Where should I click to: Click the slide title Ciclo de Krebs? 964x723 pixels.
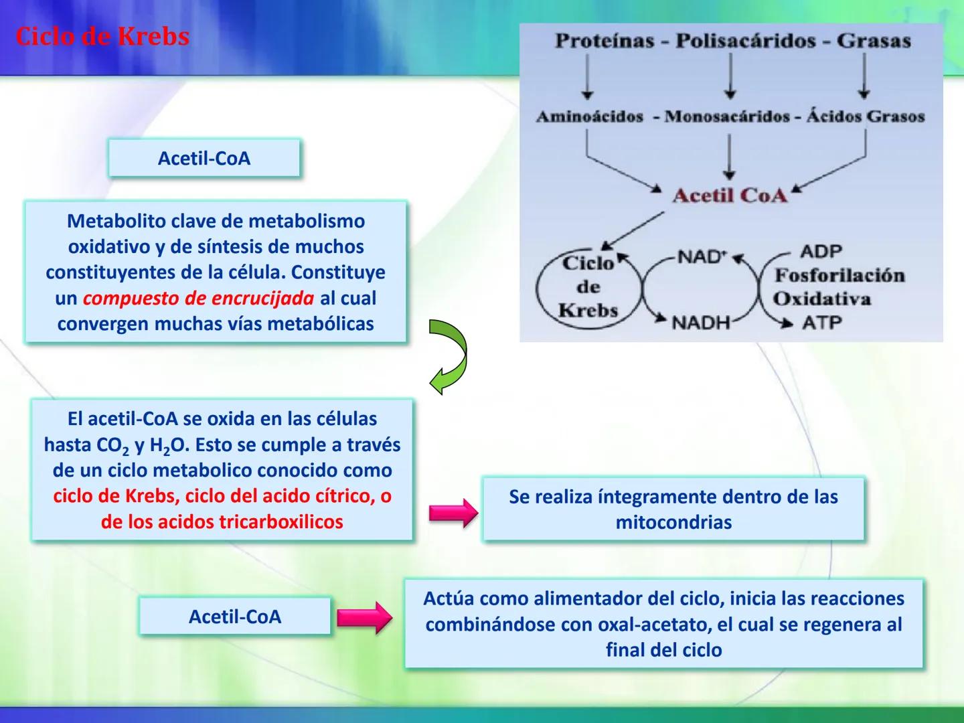[102, 37]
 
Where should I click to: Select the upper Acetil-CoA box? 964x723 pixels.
[204, 158]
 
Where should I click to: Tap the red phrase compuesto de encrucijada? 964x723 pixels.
[198, 298]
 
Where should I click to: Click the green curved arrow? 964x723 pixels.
[449, 356]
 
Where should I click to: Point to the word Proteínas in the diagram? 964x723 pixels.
[604, 41]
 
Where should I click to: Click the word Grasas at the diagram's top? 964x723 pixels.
[874, 41]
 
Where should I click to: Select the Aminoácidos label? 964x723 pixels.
[589, 116]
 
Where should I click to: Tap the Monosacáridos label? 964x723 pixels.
[727, 116]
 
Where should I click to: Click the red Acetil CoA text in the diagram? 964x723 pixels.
[730, 195]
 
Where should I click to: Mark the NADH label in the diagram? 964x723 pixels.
[700, 323]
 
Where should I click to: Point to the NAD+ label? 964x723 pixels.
[702, 256]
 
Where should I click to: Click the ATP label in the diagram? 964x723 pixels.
[821, 323]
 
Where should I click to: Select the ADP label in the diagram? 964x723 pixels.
[821, 252]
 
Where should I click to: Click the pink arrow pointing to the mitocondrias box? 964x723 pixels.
[453, 513]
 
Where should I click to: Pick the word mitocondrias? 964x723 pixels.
[673, 522]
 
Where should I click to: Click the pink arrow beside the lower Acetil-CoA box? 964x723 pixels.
[364, 617]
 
